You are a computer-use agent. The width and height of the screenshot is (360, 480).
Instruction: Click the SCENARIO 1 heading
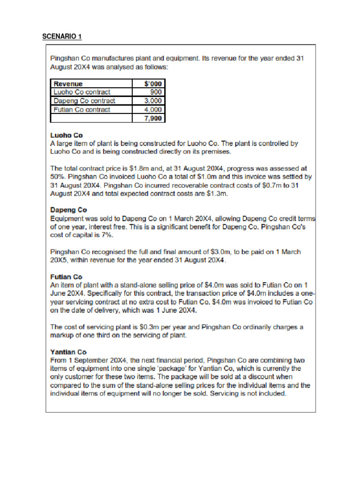[62, 37]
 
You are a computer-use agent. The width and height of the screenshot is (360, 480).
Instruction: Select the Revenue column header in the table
[68, 84]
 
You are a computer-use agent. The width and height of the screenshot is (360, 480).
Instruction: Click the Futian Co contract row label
[82, 110]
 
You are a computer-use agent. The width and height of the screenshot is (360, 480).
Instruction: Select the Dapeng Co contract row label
[84, 101]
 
